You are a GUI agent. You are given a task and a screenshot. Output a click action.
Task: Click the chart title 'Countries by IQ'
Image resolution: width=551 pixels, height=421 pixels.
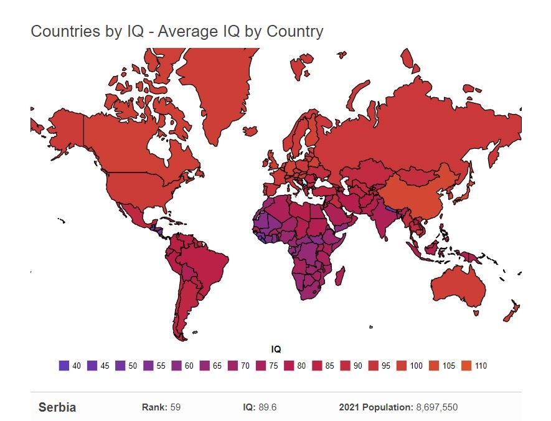pos(177,31)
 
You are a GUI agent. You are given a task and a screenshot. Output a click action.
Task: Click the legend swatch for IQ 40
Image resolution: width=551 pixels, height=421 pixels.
pos(64,366)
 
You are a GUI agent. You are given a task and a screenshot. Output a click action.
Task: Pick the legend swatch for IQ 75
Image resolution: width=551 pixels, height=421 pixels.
pos(261,366)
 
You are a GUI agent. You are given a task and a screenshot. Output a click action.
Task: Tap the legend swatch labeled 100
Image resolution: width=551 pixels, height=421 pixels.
pos(402,366)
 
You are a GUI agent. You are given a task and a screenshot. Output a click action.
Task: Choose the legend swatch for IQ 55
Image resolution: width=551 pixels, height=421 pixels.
pos(148,366)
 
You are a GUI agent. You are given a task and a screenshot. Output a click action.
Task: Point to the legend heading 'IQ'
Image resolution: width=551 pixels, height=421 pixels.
pos(276,350)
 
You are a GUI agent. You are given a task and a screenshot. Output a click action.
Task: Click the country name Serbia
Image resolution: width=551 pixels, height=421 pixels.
pos(57,408)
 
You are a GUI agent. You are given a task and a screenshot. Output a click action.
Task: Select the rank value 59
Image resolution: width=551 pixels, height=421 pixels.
pos(175,408)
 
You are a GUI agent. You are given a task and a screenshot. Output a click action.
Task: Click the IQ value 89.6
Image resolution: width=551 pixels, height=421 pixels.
pos(269,408)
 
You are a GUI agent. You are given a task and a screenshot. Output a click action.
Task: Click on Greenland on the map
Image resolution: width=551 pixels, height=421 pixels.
pos(215,87)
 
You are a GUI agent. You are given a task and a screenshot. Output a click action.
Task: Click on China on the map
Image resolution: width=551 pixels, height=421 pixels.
pos(417,187)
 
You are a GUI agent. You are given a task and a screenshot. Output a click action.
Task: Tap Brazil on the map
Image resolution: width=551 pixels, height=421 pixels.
pos(202,262)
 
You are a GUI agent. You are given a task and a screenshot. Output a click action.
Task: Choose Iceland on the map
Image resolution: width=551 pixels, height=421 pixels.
pos(250,131)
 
